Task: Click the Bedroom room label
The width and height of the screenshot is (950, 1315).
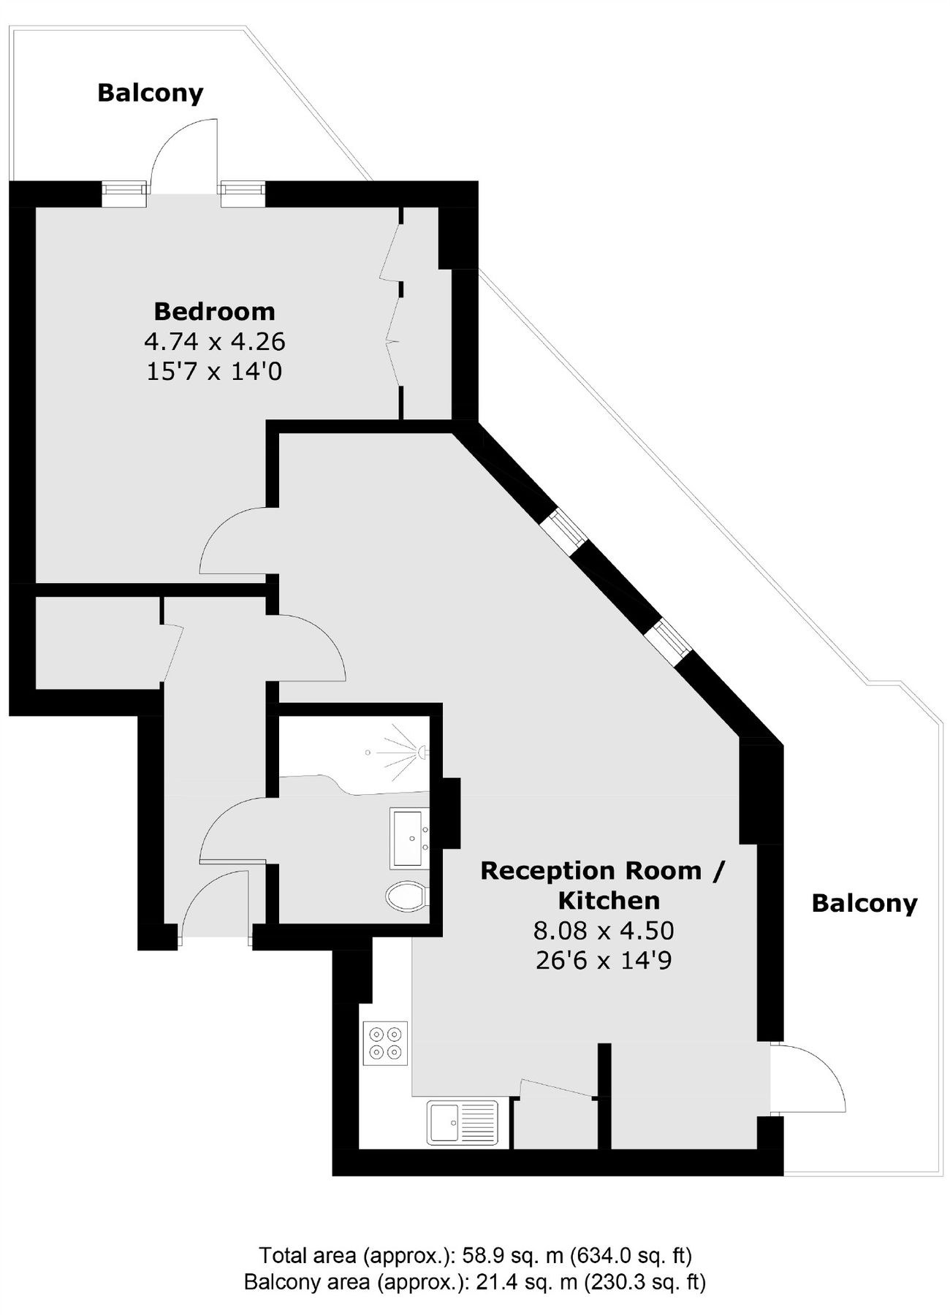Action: [x=214, y=311]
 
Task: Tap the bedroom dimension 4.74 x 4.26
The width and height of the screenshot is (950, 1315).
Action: [x=214, y=341]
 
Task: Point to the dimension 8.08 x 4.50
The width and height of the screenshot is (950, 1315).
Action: [x=604, y=930]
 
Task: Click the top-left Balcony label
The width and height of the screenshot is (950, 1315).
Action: [x=151, y=93]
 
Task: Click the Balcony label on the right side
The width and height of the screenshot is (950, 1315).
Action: [x=864, y=904]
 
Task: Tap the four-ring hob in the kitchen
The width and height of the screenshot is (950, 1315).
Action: [x=385, y=1043]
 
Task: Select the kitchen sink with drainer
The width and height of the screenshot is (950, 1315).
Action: [x=463, y=1121]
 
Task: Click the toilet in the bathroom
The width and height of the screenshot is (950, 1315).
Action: [x=407, y=896]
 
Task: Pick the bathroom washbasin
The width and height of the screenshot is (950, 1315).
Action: [x=410, y=838]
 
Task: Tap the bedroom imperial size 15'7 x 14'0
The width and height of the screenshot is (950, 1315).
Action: [x=214, y=372]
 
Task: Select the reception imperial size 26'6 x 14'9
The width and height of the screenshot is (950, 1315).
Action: [x=604, y=960]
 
